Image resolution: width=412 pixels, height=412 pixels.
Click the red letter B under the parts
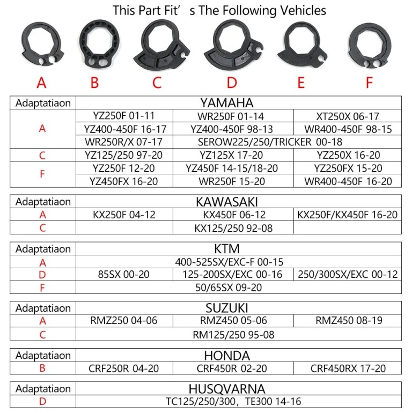tap(94, 82)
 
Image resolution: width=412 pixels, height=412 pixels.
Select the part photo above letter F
tap(369, 47)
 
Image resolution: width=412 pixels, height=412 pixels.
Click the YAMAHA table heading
tap(227, 103)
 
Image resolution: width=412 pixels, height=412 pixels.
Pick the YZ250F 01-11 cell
tap(124, 116)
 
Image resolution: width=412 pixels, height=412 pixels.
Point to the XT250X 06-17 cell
tap(348, 116)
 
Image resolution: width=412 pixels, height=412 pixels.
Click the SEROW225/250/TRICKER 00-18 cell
tap(270, 142)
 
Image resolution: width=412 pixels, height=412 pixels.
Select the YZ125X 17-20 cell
tap(231, 155)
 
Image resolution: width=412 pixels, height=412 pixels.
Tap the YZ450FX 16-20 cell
tap(124, 181)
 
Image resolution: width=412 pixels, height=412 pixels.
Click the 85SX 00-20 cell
tap(124, 274)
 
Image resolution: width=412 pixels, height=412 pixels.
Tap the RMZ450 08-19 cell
tap(348, 321)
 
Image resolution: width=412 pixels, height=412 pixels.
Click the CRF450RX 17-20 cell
tap(348, 368)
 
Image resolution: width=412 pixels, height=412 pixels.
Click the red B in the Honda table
tap(42, 368)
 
